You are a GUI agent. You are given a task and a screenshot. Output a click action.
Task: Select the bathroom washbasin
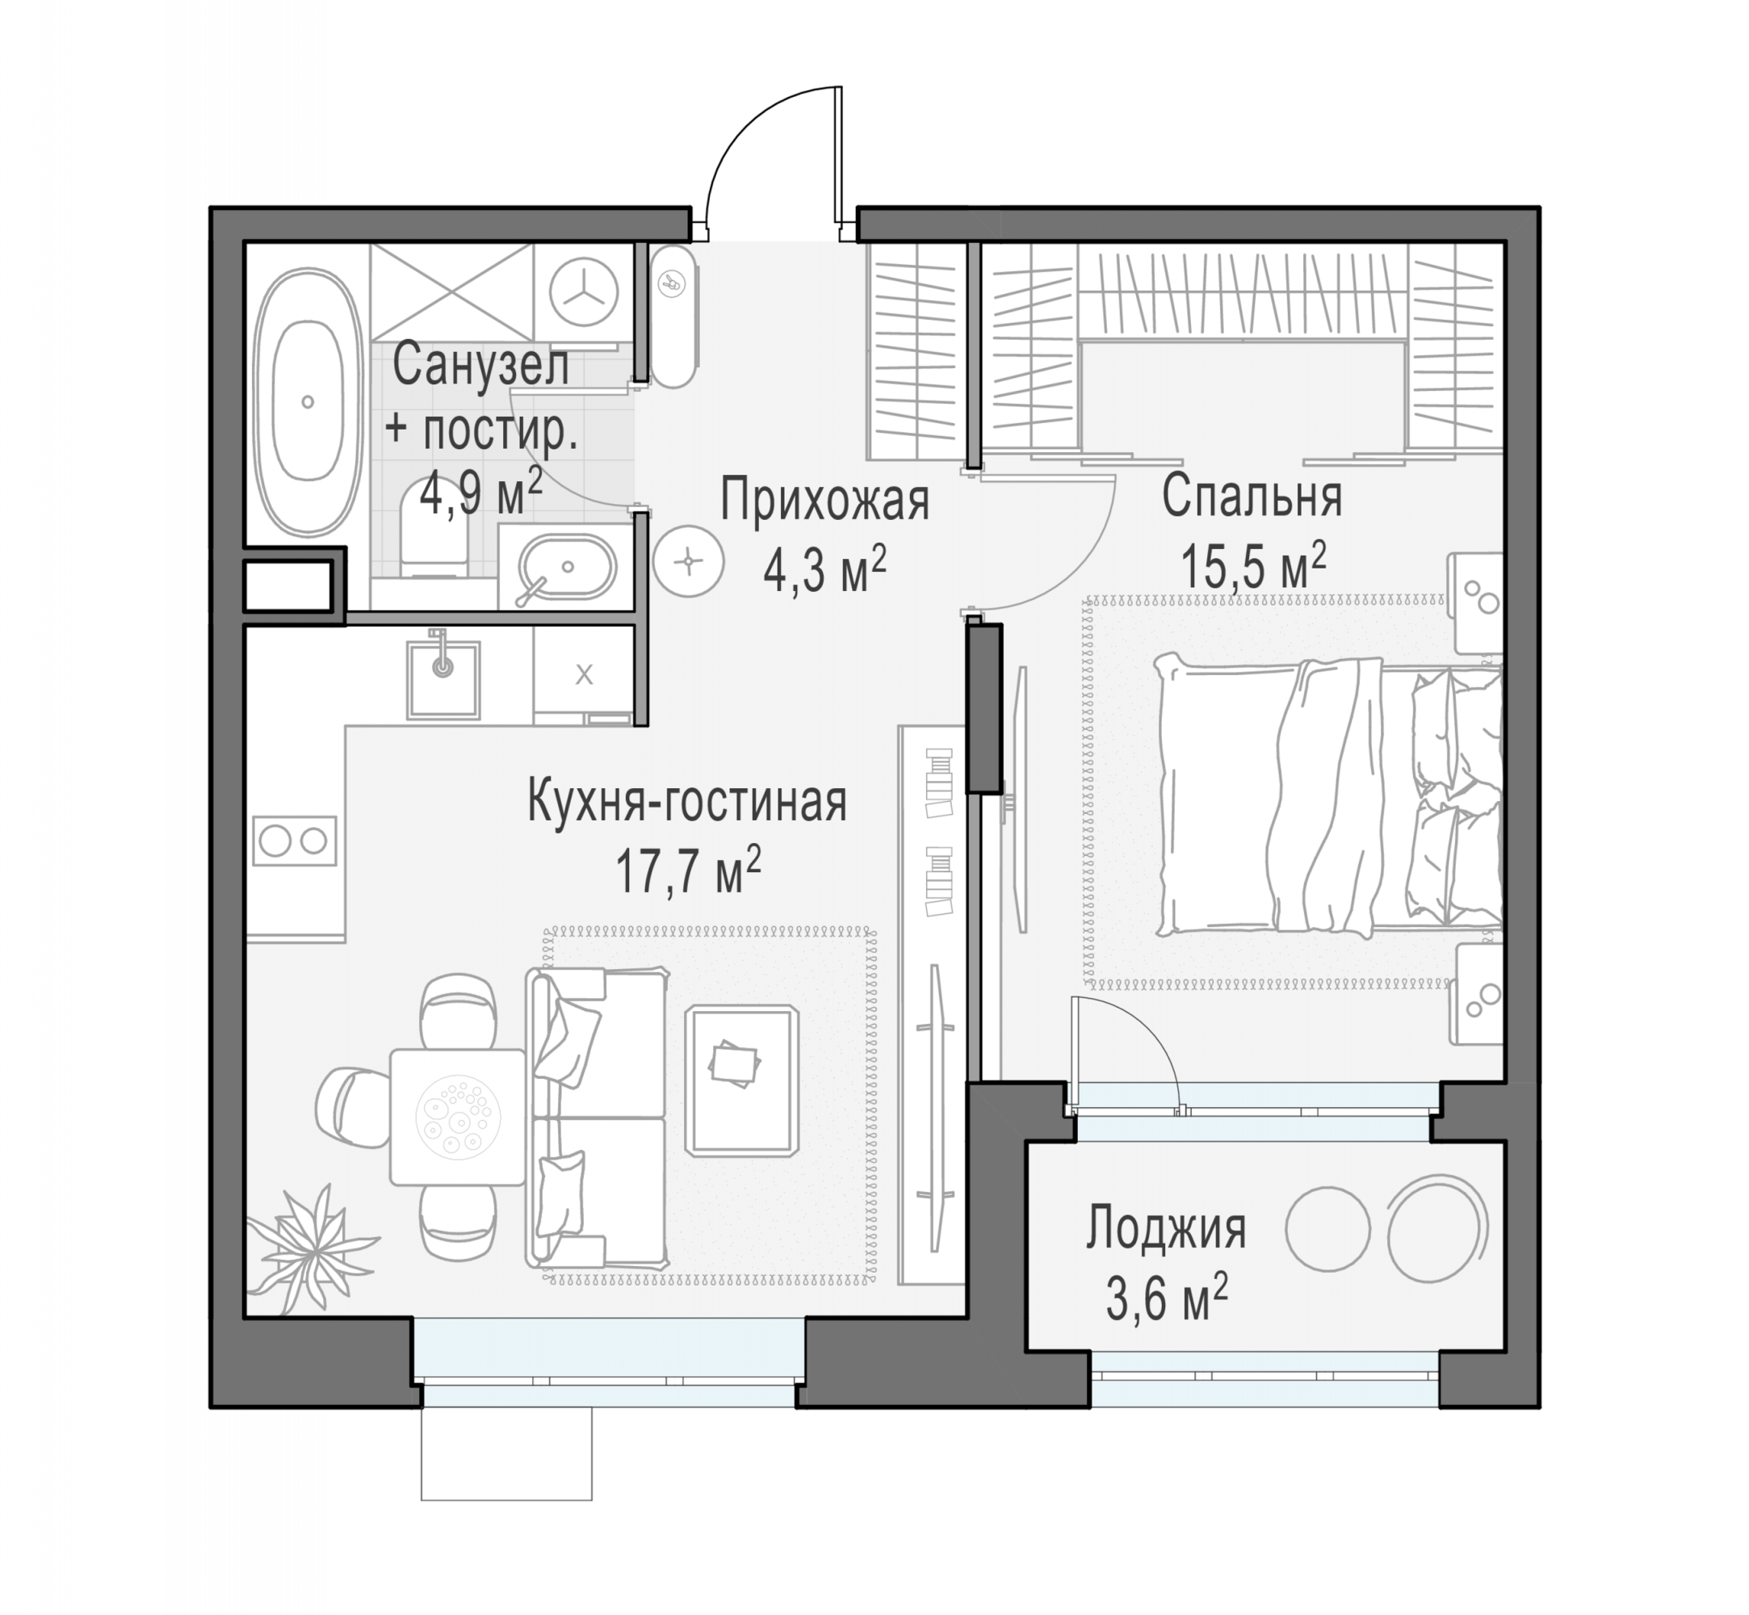pyautogui.click(x=568, y=566)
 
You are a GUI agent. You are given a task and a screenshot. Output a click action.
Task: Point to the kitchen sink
pyautogui.click(x=443, y=678)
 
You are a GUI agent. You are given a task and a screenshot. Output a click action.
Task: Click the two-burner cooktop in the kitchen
pyautogui.click(x=295, y=841)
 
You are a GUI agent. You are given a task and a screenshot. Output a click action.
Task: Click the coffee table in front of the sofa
pyautogui.click(x=742, y=1080)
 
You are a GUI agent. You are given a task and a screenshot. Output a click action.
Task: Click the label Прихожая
pyautogui.click(x=824, y=500)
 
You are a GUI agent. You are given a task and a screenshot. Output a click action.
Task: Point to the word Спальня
pyautogui.click(x=1252, y=497)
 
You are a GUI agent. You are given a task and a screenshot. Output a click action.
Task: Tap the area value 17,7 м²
pyautogui.click(x=688, y=870)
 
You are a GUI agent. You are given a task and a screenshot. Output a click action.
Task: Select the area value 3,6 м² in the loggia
pyautogui.click(x=1167, y=1298)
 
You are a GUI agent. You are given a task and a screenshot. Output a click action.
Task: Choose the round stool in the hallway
pyautogui.click(x=689, y=560)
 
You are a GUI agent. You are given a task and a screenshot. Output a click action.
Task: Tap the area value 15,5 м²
pyautogui.click(x=1253, y=566)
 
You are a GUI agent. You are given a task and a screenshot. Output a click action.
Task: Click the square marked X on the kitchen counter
pyautogui.click(x=584, y=673)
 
